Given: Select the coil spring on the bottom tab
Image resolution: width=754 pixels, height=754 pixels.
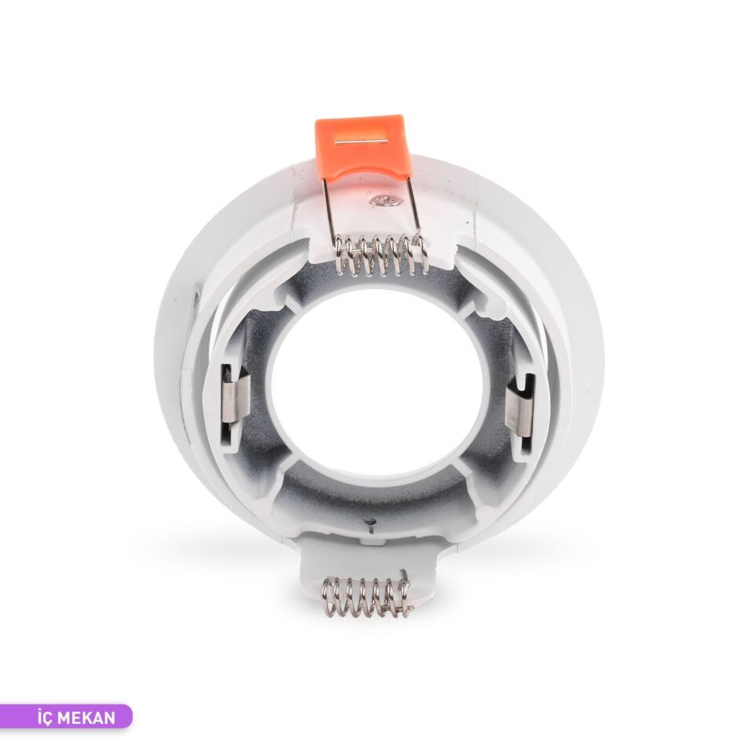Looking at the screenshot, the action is pyautogui.click(x=367, y=597).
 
